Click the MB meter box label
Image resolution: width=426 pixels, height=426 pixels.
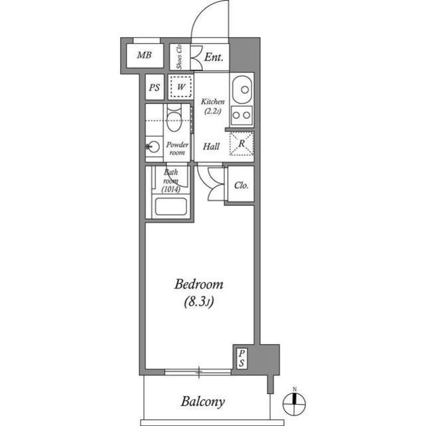[144, 55]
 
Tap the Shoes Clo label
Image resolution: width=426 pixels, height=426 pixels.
[179, 57]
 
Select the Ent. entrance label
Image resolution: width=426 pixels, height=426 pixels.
[214, 57]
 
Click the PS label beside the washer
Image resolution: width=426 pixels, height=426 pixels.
[154, 87]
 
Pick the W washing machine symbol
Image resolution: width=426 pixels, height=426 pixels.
[181, 87]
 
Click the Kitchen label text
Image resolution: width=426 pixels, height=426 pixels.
[213, 102]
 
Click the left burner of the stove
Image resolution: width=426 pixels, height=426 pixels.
[236, 115]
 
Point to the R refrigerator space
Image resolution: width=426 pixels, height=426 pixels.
[242, 143]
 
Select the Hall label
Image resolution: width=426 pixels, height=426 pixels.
[211, 147]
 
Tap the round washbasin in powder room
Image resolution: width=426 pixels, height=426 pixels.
[153, 147]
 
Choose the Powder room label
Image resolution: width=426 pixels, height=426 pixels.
[177, 148]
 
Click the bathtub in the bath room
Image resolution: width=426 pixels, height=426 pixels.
[170, 207]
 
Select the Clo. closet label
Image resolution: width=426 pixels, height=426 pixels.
[241, 185]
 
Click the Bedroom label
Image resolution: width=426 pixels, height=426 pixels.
[198, 285]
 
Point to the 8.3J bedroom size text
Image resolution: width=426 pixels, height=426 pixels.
[198, 302]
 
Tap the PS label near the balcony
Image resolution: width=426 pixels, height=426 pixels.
[242, 358]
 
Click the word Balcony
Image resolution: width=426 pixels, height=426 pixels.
[203, 402]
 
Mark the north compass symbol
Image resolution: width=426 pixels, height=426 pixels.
[294, 403]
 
